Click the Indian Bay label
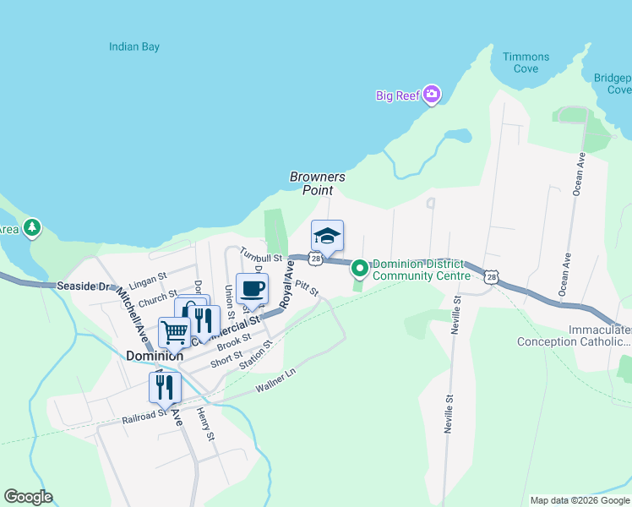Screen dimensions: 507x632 click(x=134, y=47)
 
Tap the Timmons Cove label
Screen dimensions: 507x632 click(x=526, y=63)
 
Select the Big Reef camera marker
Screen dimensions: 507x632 click(x=432, y=95)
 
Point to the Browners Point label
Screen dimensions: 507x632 click(x=318, y=183)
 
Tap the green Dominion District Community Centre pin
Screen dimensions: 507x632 click(x=359, y=269)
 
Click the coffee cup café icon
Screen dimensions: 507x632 click(x=252, y=289)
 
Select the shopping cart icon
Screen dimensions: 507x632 click(x=174, y=332)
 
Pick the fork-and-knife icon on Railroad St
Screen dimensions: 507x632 click(x=164, y=387)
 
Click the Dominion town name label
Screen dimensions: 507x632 click(x=155, y=356)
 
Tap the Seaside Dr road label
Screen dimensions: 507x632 click(x=84, y=286)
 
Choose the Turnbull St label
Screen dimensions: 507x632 click(x=260, y=253)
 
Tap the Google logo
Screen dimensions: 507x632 click(x=28, y=497)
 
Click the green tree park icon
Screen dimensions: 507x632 click(x=32, y=227)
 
